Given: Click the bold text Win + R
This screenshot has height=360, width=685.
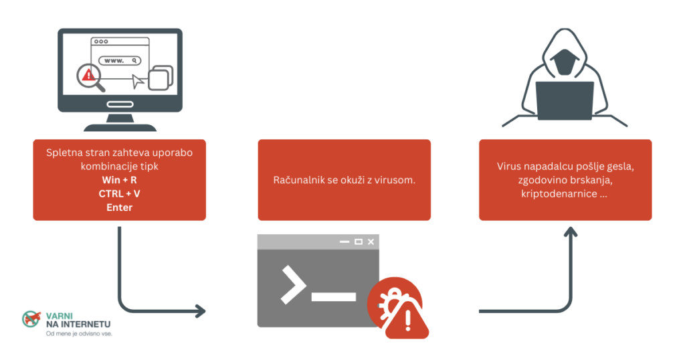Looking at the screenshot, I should [x=119, y=180].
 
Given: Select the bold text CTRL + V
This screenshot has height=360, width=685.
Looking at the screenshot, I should [x=119, y=193].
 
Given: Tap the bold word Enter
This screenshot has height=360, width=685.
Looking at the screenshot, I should [x=119, y=207].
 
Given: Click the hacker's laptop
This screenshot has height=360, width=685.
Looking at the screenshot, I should [x=565, y=100].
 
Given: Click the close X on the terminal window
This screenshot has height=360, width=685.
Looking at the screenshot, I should [x=371, y=242].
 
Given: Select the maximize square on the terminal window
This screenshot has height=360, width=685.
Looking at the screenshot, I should [x=358, y=242].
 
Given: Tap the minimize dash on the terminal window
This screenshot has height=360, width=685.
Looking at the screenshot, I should [x=345, y=242].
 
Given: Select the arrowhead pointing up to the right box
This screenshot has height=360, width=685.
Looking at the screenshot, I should [x=569, y=234].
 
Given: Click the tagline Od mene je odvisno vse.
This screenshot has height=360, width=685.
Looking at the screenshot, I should [x=78, y=333].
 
